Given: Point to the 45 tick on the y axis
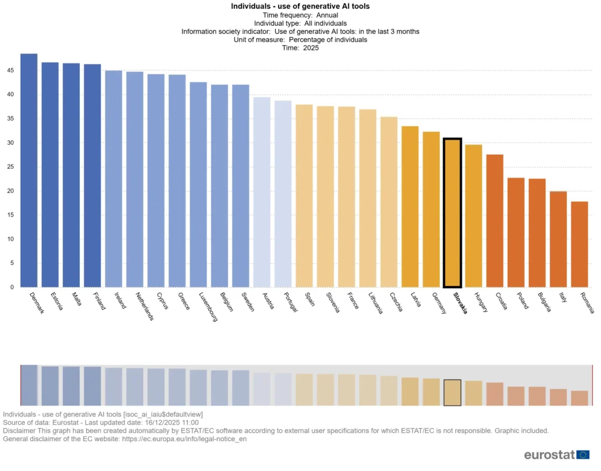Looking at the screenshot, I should pyautogui.click(x=11, y=70).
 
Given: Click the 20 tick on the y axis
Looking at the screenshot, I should pyautogui.click(x=11, y=191).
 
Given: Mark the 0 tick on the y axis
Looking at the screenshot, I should pyautogui.click(x=12, y=287).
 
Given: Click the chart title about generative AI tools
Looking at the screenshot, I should pyautogui.click(x=300, y=6).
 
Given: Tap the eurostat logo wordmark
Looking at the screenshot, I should pyautogui.click(x=549, y=455).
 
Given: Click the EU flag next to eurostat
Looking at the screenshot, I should pyautogui.click(x=583, y=455).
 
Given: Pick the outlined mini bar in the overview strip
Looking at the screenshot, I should pyautogui.click(x=452, y=392).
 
